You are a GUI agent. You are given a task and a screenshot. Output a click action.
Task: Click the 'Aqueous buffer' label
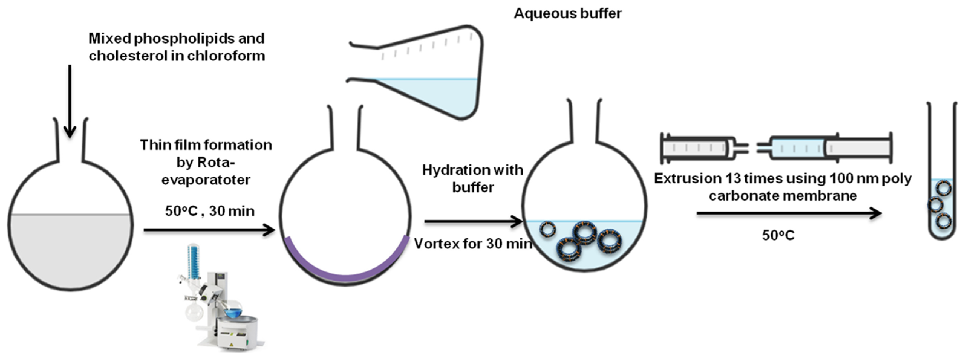(x=567, y=14)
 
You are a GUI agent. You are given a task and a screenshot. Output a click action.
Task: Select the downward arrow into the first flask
(x=70, y=102)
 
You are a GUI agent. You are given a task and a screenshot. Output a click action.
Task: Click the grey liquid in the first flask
(x=71, y=248)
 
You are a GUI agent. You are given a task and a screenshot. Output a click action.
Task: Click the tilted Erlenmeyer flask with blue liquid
(x=421, y=75)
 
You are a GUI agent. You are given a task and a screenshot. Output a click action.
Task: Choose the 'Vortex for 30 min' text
(x=473, y=244)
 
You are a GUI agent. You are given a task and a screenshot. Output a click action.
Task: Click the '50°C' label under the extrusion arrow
(x=778, y=235)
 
